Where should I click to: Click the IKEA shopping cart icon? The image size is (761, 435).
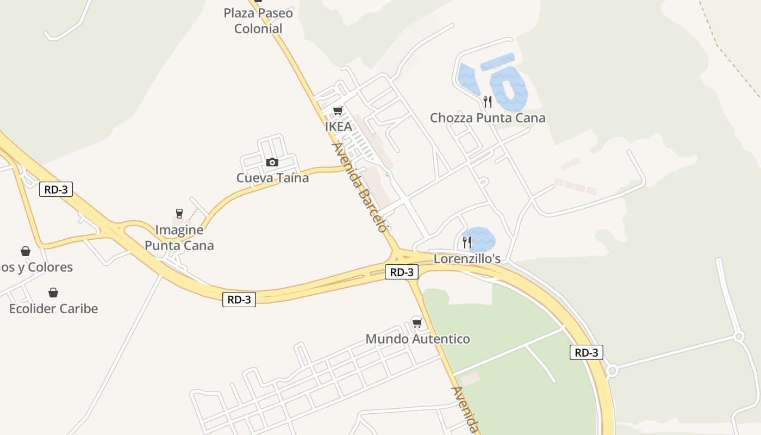point(338,111)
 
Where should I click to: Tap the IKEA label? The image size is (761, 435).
point(338,127)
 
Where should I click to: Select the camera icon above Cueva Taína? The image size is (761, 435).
point(272,162)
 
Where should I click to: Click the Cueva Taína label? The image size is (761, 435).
point(272,178)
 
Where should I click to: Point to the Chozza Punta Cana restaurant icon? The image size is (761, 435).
point(488,101)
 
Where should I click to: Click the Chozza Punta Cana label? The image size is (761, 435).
point(488,118)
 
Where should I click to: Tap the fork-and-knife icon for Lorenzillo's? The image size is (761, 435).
point(467,242)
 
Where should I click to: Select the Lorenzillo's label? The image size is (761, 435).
point(467,259)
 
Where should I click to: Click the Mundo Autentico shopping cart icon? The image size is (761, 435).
point(417,322)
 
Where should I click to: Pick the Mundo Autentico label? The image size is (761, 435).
point(417,339)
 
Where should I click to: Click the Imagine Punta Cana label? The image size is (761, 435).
point(179,238)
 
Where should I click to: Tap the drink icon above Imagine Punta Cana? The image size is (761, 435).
point(179,214)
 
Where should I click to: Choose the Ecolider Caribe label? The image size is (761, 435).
point(53,309)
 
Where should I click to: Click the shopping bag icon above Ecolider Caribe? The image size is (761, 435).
point(53,293)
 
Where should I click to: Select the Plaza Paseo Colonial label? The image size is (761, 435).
point(258,21)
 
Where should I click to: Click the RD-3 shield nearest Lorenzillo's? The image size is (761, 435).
point(402,272)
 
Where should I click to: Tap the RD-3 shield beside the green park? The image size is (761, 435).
point(587,352)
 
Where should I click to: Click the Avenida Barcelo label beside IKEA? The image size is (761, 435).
point(360,187)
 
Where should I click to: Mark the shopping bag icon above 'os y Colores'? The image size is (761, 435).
point(26,251)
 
